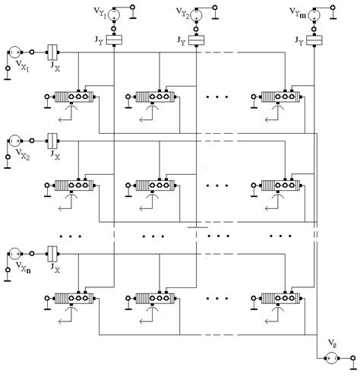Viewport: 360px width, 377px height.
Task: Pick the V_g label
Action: point(332,344)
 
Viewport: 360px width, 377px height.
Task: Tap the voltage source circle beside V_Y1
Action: point(115,13)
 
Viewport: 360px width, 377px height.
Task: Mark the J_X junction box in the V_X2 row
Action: point(53,141)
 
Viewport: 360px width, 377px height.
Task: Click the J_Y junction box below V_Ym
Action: point(317,40)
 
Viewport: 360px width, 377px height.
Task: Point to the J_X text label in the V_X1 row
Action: point(54,67)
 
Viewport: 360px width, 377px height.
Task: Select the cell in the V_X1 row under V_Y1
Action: point(74,97)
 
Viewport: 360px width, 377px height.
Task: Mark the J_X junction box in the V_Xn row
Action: point(53,252)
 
